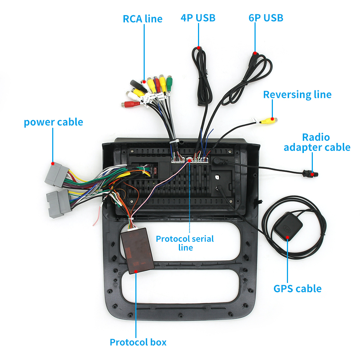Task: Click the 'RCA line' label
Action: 143,18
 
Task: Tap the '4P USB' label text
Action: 198,18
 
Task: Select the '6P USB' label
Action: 266,18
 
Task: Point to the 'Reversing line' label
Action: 297,95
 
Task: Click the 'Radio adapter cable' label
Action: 316,142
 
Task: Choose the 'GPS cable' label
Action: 297,288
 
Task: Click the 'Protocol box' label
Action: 138,342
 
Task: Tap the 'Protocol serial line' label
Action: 185,243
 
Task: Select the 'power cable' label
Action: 53,122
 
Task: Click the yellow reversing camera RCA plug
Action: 268,120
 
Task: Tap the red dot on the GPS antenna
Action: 288,237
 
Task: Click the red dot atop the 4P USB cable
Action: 198,47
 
